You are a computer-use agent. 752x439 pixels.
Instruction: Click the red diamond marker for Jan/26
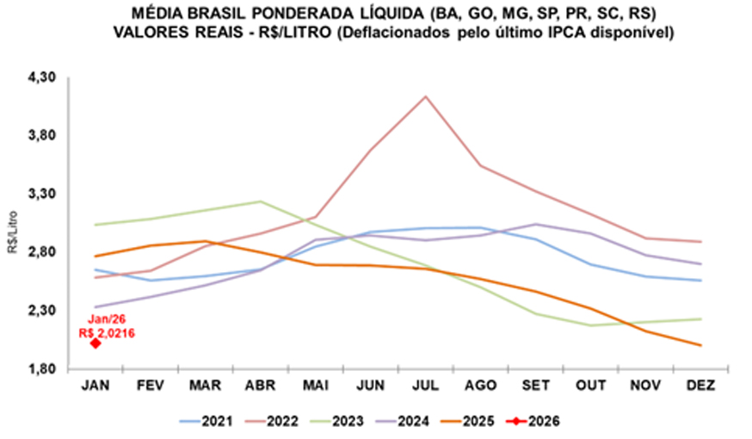point(96,343)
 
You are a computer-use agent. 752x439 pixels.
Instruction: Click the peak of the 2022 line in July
point(425,96)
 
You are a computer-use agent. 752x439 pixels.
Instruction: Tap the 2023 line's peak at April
point(261,201)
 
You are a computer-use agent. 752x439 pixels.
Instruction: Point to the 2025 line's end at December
point(700,345)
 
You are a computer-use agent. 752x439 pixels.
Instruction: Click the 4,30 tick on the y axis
point(41,77)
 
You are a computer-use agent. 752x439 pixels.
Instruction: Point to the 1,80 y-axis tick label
point(41,369)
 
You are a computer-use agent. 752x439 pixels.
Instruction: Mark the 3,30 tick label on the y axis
point(41,194)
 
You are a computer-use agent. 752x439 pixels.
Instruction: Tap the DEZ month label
point(699,386)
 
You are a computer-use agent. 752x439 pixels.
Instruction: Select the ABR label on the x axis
point(261,386)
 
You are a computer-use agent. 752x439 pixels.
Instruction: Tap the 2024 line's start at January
point(96,307)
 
